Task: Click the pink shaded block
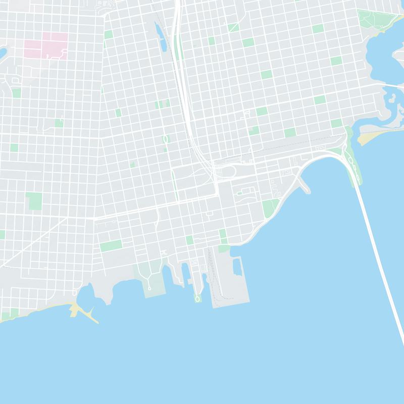[x=46, y=46]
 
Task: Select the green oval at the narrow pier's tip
[x=197, y=299]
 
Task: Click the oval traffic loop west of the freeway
[x=165, y=139]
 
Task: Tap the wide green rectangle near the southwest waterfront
[x=111, y=246]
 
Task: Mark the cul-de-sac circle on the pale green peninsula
[x=150, y=289]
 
